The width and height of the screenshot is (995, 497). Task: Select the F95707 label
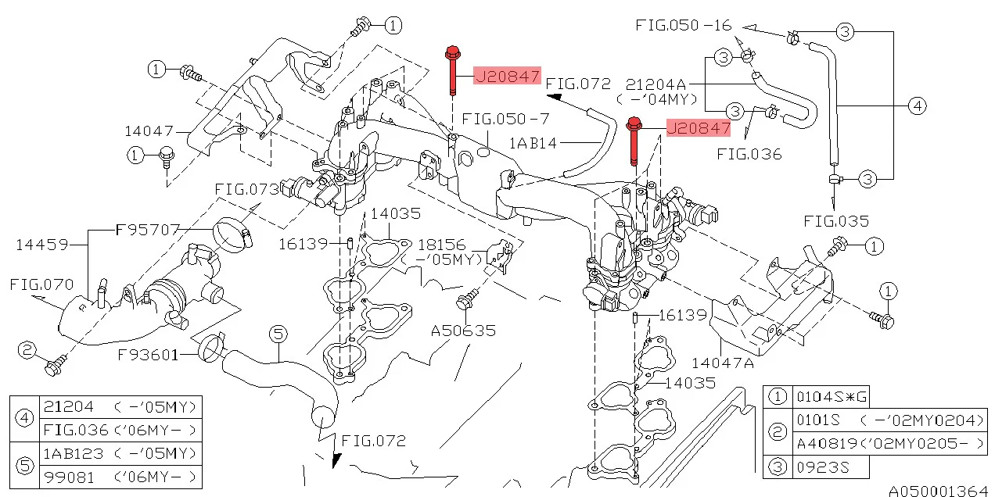point(148,230)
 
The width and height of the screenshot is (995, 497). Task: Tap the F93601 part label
point(149,355)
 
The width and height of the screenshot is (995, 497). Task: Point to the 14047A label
point(722,363)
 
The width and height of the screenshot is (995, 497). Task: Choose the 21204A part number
point(656,84)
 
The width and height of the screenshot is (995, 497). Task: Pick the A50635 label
point(464,331)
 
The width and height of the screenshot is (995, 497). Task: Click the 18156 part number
point(442,244)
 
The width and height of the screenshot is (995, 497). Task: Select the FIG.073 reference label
point(247,189)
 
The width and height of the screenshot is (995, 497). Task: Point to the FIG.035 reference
point(835,221)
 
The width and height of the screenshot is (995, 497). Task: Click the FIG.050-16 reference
point(684,26)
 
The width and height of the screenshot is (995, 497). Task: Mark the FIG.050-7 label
point(505,119)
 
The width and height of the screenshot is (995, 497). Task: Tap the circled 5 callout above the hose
point(278,334)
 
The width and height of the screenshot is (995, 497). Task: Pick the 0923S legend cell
point(821,467)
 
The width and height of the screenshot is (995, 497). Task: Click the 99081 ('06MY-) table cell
point(120,476)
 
